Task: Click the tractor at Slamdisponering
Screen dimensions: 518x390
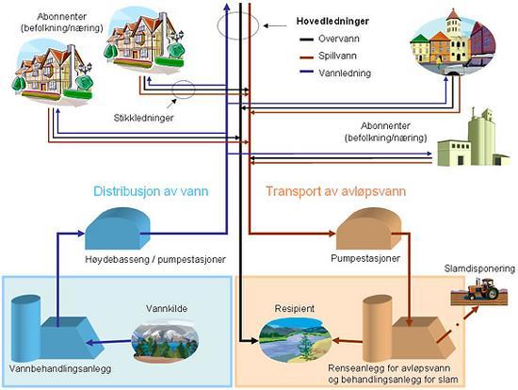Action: [x=483, y=289]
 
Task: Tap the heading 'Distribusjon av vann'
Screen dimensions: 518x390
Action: [x=151, y=191]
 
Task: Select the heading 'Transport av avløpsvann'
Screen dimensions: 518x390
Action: [x=336, y=191]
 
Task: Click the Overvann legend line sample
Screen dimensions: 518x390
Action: [x=307, y=40]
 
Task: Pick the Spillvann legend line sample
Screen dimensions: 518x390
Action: [x=307, y=57]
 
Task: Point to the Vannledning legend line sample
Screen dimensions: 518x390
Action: [x=307, y=72]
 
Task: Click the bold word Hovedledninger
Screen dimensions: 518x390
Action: [x=332, y=21]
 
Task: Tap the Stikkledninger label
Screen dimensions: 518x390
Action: [x=144, y=118]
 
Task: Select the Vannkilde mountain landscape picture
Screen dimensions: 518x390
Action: [x=165, y=339]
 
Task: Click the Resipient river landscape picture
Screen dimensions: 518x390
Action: [x=295, y=339]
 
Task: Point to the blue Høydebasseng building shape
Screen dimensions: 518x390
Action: [x=118, y=229]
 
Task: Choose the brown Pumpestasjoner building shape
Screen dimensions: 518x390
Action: [x=368, y=229]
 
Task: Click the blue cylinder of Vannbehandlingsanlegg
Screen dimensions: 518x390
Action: [x=25, y=328]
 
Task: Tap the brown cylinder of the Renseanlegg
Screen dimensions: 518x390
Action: [x=378, y=328]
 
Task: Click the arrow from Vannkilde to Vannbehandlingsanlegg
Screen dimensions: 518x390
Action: [x=108, y=342]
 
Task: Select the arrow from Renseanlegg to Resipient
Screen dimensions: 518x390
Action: [x=348, y=340]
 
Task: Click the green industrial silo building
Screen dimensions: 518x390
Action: [x=473, y=138]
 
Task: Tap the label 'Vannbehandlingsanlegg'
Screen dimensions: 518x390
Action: [x=60, y=368]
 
